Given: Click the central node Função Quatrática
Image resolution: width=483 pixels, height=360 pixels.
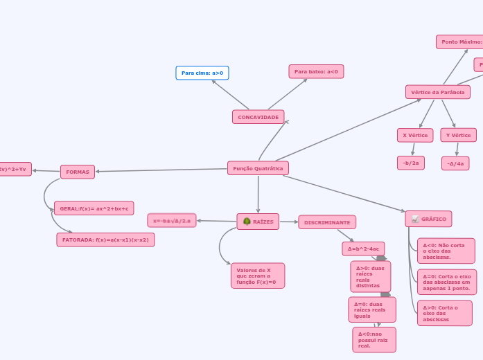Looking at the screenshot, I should (258, 168).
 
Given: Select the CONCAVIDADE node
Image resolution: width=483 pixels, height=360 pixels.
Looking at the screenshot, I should (258, 117).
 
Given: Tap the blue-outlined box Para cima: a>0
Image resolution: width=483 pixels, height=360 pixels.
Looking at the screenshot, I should (202, 73).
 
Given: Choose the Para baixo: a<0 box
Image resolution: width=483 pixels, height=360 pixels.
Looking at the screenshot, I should (316, 71).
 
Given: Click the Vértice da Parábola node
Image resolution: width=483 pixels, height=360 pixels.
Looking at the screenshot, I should (437, 92).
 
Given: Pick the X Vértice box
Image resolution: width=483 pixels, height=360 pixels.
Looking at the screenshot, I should (415, 135).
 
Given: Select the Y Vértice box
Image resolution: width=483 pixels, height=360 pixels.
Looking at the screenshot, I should (458, 135).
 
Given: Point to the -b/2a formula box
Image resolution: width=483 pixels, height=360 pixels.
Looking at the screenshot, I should (410, 163).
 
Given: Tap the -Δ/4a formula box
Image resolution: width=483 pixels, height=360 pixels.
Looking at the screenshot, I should (455, 163).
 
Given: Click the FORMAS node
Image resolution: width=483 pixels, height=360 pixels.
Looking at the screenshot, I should (78, 172).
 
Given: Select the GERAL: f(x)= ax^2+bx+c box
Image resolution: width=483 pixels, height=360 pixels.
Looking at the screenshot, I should (94, 208).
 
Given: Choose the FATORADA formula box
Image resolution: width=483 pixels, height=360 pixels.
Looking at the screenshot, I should (105, 240).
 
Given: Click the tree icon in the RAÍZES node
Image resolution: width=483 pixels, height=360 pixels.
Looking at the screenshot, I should (247, 222).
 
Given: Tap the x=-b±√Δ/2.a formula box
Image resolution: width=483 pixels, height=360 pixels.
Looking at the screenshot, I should (172, 220).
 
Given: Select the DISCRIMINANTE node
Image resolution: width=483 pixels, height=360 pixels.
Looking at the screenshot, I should (327, 222).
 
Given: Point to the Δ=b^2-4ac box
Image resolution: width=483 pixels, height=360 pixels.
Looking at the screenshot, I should (363, 249).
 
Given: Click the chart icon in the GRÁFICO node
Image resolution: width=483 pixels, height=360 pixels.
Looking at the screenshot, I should (415, 219).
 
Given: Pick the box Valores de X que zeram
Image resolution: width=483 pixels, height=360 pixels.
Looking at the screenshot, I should (257, 276).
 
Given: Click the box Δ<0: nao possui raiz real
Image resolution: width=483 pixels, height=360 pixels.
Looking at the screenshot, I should (374, 340).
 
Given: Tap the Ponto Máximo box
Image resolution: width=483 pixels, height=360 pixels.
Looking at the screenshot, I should (460, 42).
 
